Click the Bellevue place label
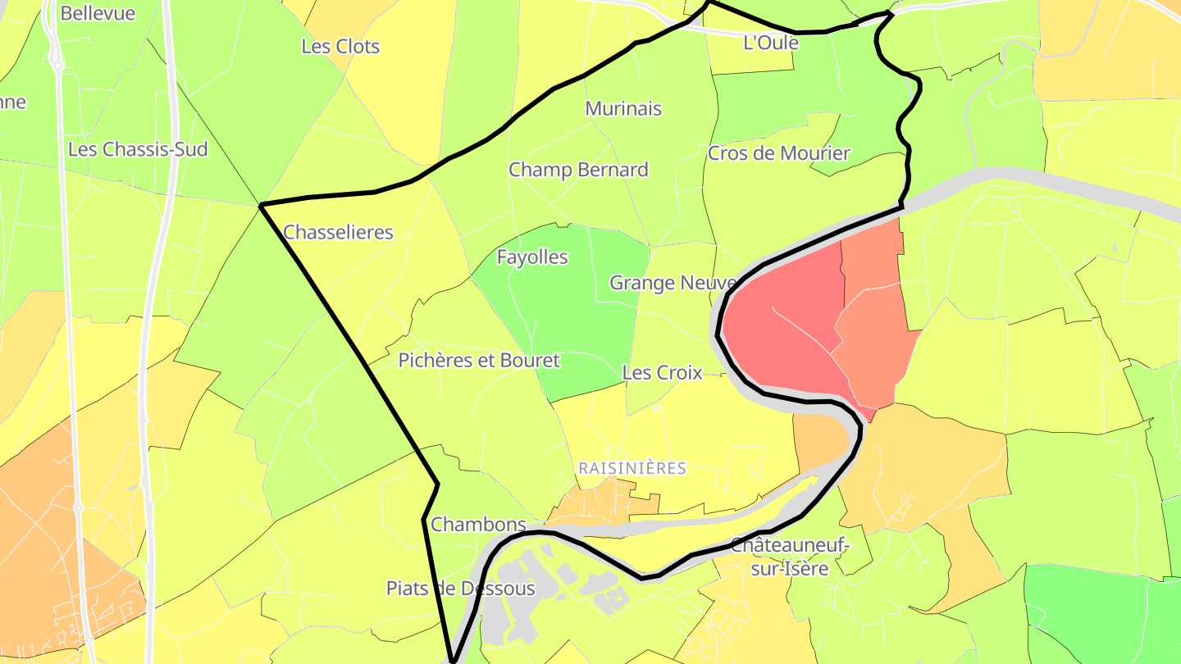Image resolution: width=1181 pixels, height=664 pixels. pos(98,14)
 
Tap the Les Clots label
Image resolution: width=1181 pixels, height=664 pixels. pos(340,47)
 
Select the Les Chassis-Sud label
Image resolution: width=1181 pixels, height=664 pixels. pos(138,149)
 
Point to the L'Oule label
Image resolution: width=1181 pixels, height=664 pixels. pos(770,43)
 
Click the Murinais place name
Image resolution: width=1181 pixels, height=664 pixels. pos(623,108)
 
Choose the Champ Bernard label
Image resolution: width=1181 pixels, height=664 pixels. pos(578,170)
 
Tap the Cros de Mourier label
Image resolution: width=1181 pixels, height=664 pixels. pos(778,153)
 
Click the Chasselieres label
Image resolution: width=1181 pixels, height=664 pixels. pos(338,232)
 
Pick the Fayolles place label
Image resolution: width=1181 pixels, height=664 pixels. pos(532,257)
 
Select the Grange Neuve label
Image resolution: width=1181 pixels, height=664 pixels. pos(673,283)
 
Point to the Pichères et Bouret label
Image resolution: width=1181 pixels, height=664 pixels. pos(479,360)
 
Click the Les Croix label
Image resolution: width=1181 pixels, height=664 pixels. pos(662,372)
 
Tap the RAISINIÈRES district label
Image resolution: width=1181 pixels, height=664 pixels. pos(632,468)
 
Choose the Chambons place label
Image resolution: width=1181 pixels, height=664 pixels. pos(478,524)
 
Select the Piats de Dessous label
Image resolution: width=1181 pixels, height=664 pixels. pos(460,588)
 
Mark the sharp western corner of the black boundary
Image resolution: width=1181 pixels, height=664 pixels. pos(261,205)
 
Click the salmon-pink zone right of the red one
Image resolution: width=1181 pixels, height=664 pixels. pos(873,328)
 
